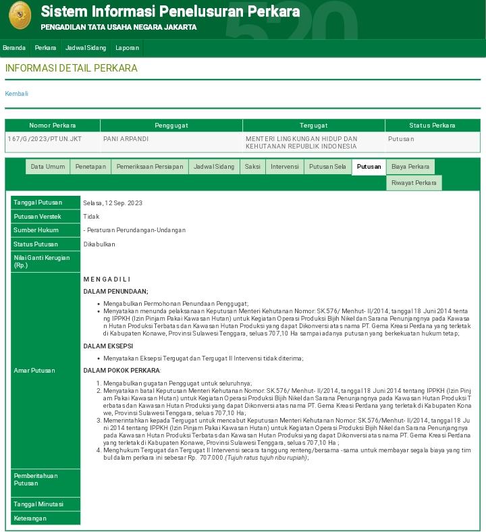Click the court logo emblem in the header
pos(20,16)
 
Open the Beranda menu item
pos(14,48)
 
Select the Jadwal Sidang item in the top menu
pos(86,48)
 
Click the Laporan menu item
pos(127,48)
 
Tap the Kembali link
pos(17,94)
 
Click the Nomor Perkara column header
pos(53,126)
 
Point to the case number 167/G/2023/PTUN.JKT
pos(45,139)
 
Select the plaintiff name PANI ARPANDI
pos(126,139)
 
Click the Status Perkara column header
pos(432,126)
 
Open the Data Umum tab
pos(48,167)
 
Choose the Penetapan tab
pos(90,167)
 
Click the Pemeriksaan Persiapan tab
pos(149,167)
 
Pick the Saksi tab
pos(252,167)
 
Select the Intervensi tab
pos(284,167)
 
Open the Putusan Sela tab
pos(327,167)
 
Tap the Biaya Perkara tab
pos(410,167)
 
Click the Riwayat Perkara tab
pos(414,183)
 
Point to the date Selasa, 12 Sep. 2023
pos(113,203)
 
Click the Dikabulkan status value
pos(99,244)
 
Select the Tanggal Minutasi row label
pos(38,504)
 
